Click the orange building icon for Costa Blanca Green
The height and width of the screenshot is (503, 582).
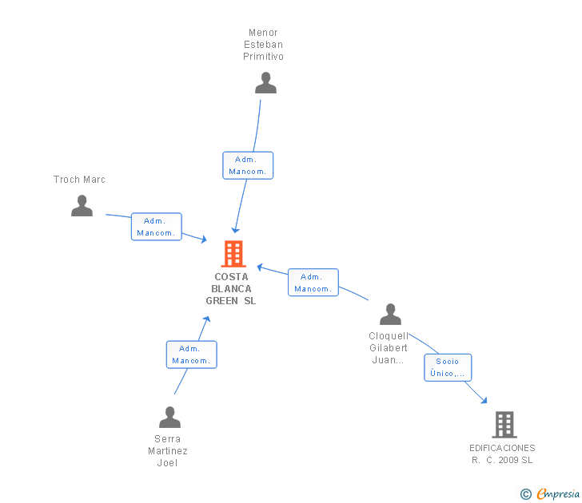(x=233, y=254)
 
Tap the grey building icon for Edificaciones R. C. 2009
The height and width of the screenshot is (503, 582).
(x=504, y=425)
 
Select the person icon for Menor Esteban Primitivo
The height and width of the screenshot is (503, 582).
(x=265, y=83)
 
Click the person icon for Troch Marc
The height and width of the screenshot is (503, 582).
(x=82, y=206)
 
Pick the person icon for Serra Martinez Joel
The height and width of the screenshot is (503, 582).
(x=169, y=418)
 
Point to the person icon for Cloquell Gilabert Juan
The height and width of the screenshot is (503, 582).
(x=390, y=315)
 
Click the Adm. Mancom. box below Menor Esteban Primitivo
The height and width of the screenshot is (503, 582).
(x=248, y=165)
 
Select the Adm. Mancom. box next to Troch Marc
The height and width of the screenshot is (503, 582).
(x=157, y=227)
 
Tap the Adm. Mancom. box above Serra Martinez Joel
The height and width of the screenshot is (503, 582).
(x=191, y=354)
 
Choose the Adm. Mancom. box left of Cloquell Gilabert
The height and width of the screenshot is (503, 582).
(x=313, y=283)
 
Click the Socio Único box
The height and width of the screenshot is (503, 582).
(x=448, y=367)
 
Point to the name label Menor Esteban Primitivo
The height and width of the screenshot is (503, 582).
(x=264, y=45)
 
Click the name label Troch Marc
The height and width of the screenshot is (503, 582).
(x=79, y=180)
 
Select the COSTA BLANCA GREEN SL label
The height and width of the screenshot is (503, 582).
(x=231, y=289)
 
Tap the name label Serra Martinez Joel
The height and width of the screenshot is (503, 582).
(x=168, y=451)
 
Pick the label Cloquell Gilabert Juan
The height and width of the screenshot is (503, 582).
(x=389, y=348)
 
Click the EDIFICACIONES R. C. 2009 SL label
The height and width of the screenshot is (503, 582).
(x=502, y=453)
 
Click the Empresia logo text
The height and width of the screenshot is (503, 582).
(x=558, y=494)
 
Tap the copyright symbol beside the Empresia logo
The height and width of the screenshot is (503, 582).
(x=526, y=494)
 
